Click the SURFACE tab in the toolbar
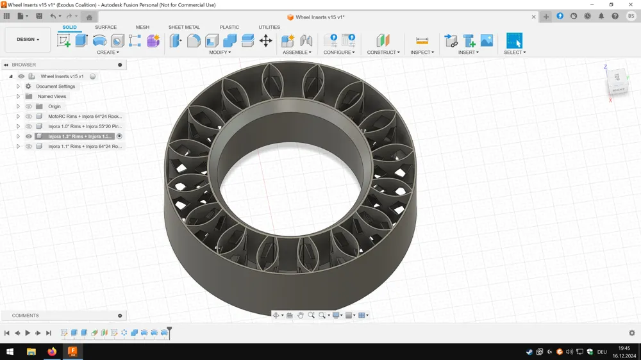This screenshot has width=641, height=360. pyautogui.click(x=106, y=28)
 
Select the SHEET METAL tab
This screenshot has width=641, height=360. pyautogui.click(x=184, y=28)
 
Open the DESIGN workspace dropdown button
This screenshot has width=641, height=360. pyautogui.click(x=28, y=40)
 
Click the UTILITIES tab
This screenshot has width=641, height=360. pyautogui.click(x=269, y=28)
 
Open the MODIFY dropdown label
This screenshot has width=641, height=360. pyautogui.click(x=220, y=53)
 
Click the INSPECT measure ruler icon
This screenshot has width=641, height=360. pyautogui.click(x=422, y=41)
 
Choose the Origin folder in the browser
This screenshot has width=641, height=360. pyautogui.click(x=54, y=106)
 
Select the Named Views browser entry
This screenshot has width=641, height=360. pyautogui.click(x=51, y=96)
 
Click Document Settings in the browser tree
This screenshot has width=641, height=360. pyautogui.click(x=55, y=86)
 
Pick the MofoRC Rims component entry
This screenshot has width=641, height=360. pyautogui.click(x=84, y=117)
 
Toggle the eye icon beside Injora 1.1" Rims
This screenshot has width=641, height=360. pyautogui.click(x=29, y=147)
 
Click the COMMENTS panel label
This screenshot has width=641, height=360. pyautogui.click(x=26, y=316)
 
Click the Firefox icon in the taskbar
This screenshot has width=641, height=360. pyautogui.click(x=52, y=352)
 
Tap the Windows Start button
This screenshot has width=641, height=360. pyautogui.click(x=10, y=352)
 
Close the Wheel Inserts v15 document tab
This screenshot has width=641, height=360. pyautogui.click(x=534, y=17)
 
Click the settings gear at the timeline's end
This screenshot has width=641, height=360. pyautogui.click(x=632, y=333)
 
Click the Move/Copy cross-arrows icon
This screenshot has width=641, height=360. pyautogui.click(x=265, y=41)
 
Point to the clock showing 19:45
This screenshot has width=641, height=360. pyautogui.click(x=624, y=348)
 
